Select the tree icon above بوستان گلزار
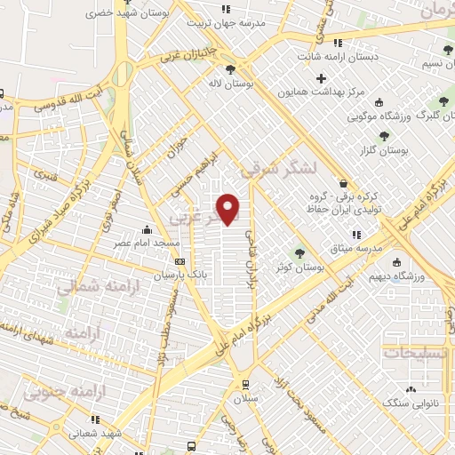point(383,136)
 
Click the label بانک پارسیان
point(180,275)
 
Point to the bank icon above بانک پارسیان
point(180,261)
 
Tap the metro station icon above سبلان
point(245,385)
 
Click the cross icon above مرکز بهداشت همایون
point(322,79)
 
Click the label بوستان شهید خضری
point(125,15)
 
